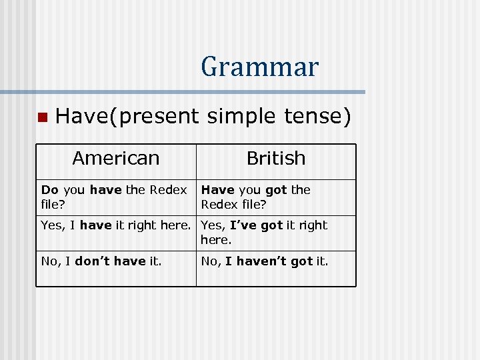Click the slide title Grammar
(x=259, y=67)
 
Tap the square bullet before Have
(x=41, y=118)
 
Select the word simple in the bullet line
(x=235, y=117)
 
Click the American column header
(x=116, y=159)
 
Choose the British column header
(x=276, y=159)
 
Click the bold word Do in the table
(x=50, y=190)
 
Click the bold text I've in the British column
(x=244, y=225)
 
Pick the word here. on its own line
(x=216, y=239)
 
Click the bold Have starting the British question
(x=217, y=190)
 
